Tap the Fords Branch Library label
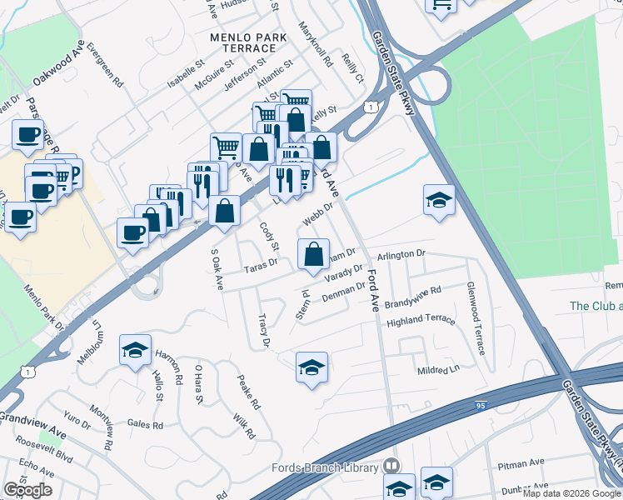(x=325, y=467)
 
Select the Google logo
(x=27, y=490)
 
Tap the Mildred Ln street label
(x=438, y=369)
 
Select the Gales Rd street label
(x=146, y=424)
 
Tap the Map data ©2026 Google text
(x=571, y=493)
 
